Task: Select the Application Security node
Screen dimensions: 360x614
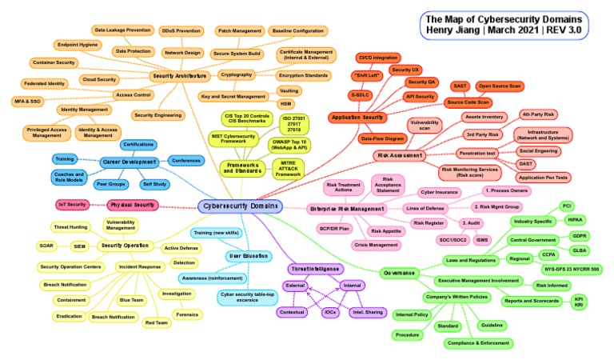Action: click(359, 117)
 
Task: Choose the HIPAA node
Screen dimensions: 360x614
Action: click(574, 218)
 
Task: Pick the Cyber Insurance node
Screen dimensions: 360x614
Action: click(439, 193)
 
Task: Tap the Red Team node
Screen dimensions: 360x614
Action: click(157, 322)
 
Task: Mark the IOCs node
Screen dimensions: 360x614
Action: click(329, 312)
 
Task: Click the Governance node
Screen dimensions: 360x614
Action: click(399, 272)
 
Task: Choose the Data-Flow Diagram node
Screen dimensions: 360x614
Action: click(381, 138)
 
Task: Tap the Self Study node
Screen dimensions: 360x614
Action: click(154, 183)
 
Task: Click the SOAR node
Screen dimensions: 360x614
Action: click(46, 246)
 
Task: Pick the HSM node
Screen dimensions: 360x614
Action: click(285, 104)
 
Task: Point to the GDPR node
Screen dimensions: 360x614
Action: click(580, 236)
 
